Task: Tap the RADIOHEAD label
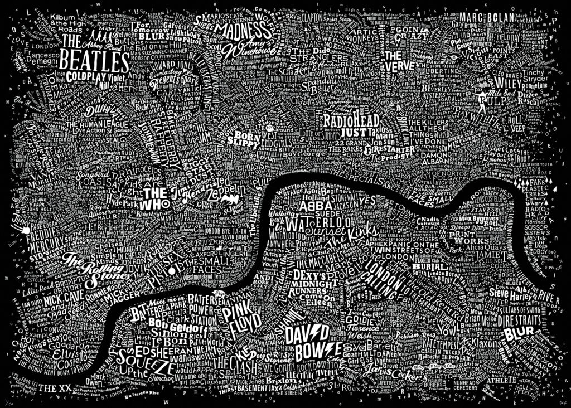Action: coord(351,121)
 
